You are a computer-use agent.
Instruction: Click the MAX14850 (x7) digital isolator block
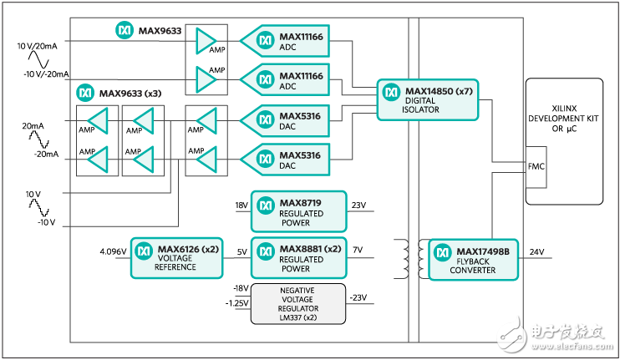[x=425, y=99]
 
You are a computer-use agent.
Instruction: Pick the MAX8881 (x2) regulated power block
[x=297, y=258]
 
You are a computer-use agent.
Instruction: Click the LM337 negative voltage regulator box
[x=297, y=302]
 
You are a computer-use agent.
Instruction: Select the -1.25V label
[x=236, y=302]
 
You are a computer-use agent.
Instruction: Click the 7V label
[x=358, y=251]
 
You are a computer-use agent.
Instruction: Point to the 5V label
[x=242, y=251]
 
